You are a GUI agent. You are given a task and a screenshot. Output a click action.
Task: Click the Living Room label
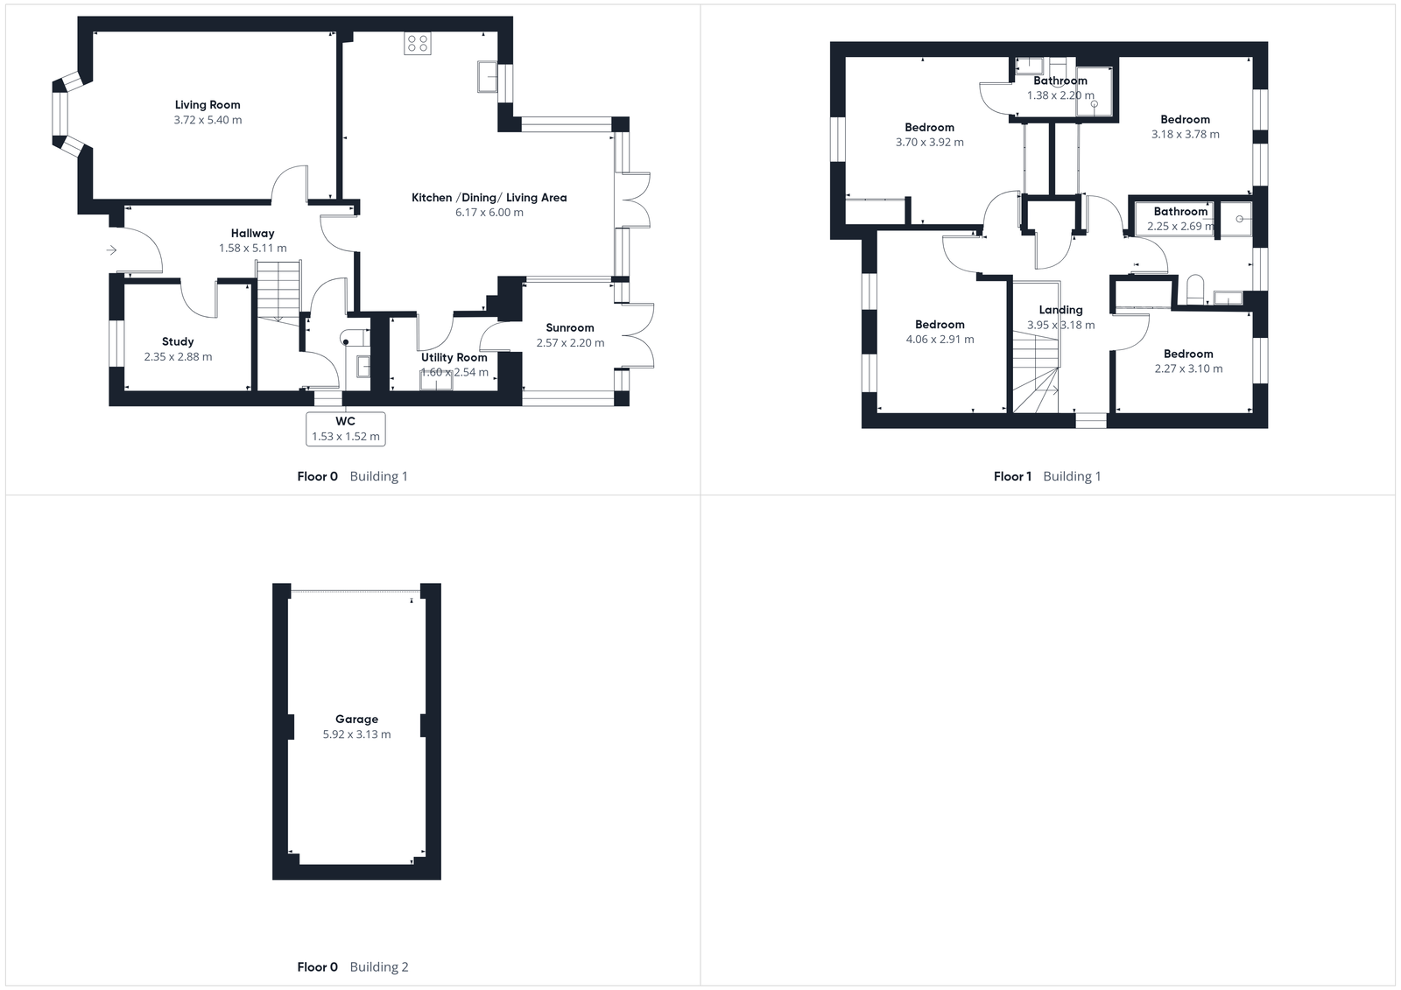click(208, 105)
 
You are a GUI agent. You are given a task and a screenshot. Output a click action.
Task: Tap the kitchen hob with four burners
click(418, 43)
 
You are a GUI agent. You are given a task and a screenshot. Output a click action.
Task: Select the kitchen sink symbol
click(487, 76)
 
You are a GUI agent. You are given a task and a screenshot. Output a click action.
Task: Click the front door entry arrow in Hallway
click(111, 250)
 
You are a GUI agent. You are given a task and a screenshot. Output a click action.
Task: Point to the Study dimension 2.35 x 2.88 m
click(178, 357)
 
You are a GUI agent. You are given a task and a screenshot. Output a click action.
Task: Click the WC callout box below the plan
click(346, 429)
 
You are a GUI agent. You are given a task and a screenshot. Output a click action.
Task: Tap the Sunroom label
click(570, 327)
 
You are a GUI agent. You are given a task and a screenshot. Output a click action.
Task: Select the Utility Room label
click(454, 357)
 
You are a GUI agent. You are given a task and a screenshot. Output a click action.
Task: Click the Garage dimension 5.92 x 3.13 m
click(356, 734)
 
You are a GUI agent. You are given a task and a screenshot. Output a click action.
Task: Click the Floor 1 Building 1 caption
click(1046, 476)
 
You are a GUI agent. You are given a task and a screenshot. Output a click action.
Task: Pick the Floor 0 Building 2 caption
click(352, 966)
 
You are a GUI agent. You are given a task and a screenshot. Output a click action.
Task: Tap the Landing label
click(1060, 310)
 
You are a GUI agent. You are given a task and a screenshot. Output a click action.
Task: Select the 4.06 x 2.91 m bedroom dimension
click(940, 340)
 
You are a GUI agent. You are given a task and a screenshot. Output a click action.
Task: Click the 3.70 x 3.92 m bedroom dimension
click(929, 143)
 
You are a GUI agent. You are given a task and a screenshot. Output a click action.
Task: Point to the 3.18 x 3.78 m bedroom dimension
click(1185, 135)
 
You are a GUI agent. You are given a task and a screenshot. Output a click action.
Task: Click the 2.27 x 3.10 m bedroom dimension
click(1188, 369)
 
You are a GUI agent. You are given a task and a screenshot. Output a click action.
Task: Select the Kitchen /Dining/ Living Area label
click(489, 198)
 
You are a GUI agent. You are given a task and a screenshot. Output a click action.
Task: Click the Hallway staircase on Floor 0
click(278, 289)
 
